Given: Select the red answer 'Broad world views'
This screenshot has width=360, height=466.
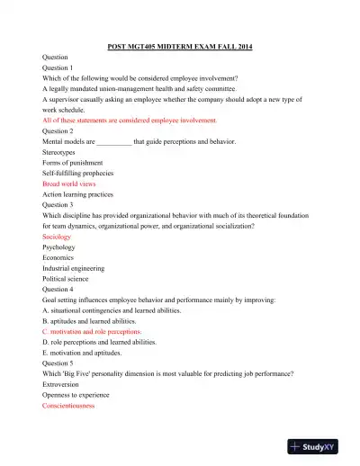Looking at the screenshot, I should coord(69,183).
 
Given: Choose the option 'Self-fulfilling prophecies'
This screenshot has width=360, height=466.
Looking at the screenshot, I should coord(81,173).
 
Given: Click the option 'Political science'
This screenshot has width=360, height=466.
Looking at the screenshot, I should coord(67,278).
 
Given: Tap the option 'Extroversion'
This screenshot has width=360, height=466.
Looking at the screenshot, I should coord(63,383).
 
